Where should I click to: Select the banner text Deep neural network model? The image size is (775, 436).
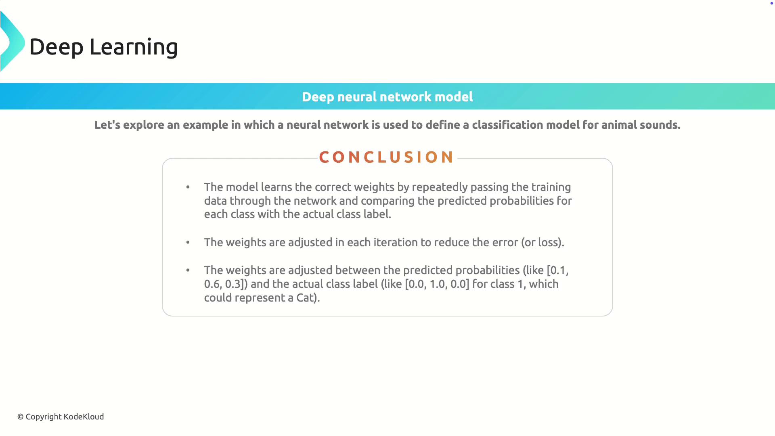(x=387, y=97)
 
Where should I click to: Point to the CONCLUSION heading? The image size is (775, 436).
(x=387, y=157)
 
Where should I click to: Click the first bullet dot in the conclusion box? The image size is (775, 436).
(x=188, y=187)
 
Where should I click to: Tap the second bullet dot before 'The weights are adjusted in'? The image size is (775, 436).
(x=188, y=242)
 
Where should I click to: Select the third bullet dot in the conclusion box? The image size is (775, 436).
(x=188, y=270)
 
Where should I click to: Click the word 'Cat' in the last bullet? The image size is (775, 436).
(x=305, y=298)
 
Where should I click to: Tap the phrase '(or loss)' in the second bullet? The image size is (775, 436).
(x=541, y=243)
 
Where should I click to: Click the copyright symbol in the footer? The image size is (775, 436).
(x=20, y=417)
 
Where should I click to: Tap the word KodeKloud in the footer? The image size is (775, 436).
(x=84, y=417)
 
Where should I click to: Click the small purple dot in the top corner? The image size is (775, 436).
(x=771, y=3)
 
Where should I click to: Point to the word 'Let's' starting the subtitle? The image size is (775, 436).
(x=107, y=125)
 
